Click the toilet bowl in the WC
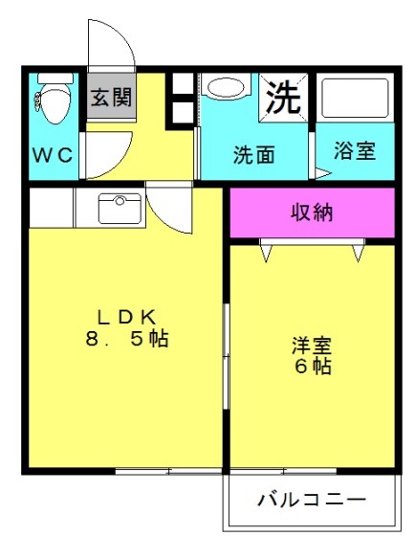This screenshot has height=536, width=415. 55,104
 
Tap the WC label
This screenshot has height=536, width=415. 53,155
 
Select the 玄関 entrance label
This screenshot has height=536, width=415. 111,97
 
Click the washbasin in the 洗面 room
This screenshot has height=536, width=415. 226,88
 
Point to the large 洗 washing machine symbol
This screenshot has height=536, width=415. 283,98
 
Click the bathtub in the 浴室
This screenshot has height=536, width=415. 355,98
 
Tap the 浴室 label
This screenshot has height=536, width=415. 355,151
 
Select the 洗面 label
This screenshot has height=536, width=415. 254,155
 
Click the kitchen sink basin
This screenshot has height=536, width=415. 120,209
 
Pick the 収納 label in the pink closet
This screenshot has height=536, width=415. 312,212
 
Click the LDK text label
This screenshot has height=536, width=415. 127,318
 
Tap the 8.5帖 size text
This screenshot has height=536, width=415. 127,339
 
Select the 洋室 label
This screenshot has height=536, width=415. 312,346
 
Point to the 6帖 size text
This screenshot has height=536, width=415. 313,367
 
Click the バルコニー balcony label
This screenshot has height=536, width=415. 312,500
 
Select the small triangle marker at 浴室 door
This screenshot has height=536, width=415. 322,173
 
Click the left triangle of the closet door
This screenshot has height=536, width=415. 267,254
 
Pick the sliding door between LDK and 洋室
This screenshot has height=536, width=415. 226,356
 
